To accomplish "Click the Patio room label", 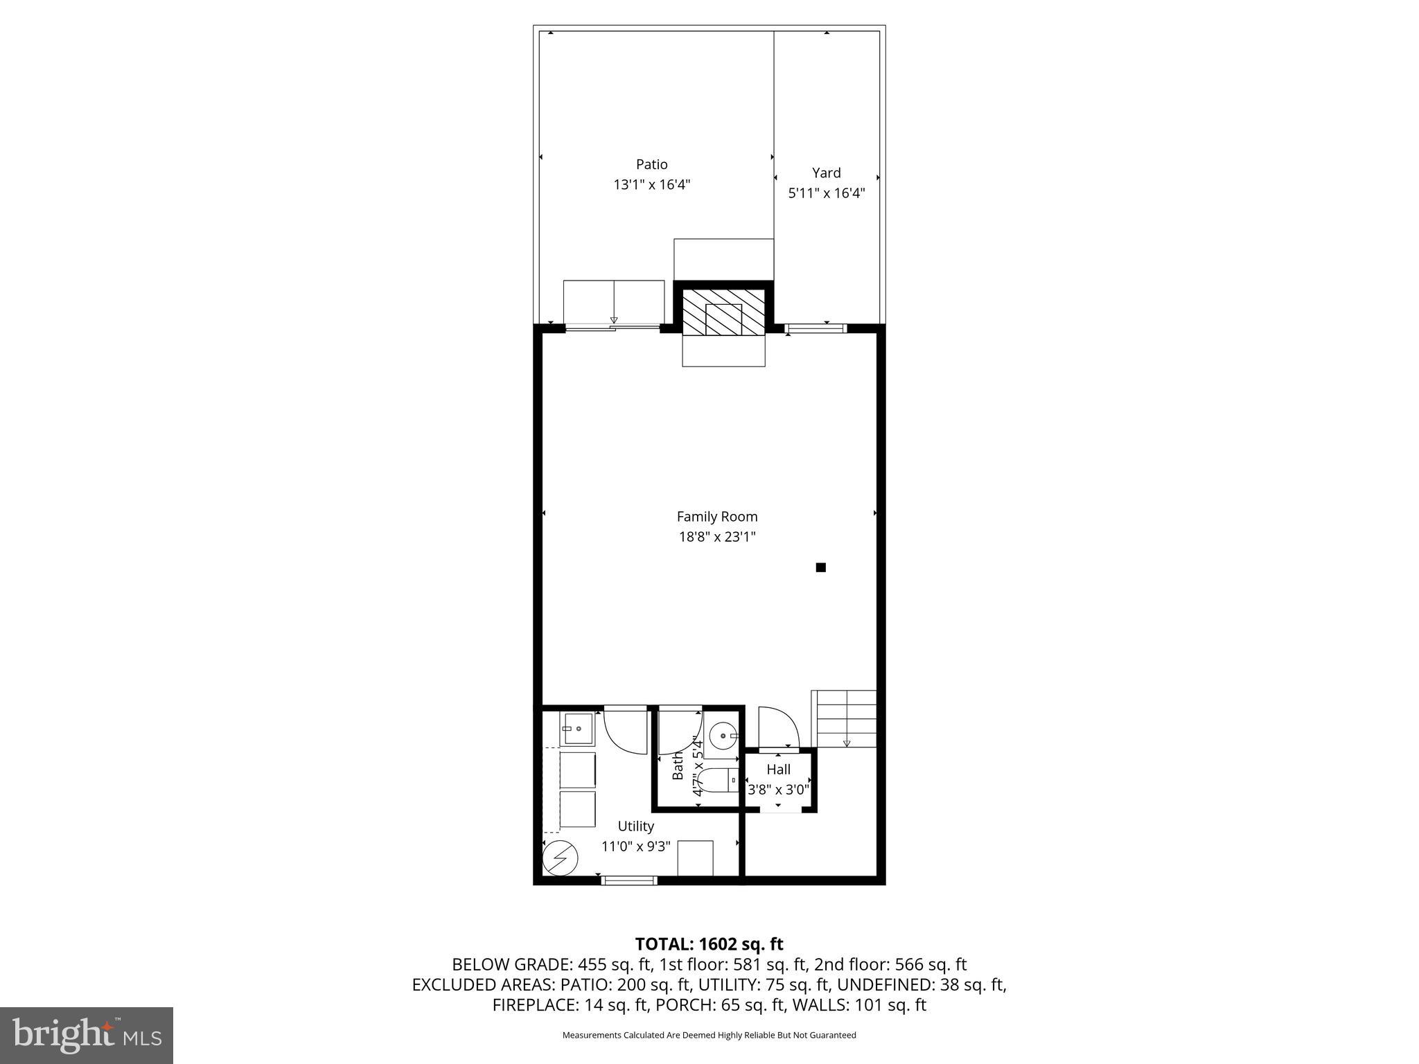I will [651, 164].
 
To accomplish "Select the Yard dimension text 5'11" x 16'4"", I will [826, 193].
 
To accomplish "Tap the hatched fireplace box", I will [723, 313].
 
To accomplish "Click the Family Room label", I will [716, 516].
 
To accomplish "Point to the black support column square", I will [820, 567].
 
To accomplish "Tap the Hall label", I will [778, 769].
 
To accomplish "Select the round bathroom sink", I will [723, 736].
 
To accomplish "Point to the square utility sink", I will [576, 729].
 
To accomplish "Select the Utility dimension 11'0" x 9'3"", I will [635, 846].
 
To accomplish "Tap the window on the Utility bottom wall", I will [628, 880].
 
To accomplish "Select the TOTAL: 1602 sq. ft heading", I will [709, 943].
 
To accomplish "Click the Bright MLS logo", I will [87, 1035].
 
